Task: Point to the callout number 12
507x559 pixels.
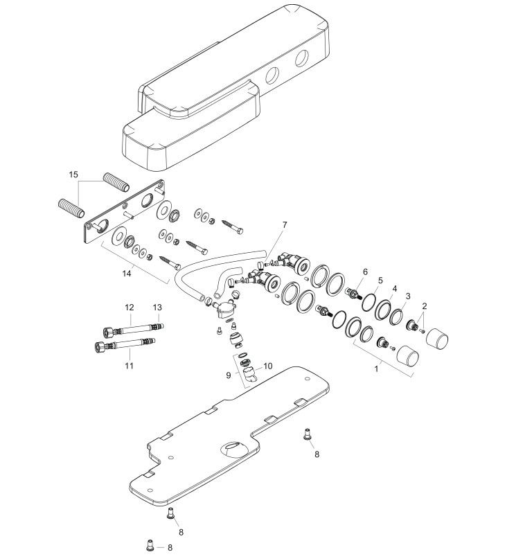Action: pos(129,307)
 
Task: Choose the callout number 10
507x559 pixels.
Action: pos(268,366)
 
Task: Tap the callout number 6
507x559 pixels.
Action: pos(365,273)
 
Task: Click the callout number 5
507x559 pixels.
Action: pos(380,281)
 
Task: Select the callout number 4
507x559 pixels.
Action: pos(395,287)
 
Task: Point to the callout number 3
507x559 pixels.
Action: pos(409,296)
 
